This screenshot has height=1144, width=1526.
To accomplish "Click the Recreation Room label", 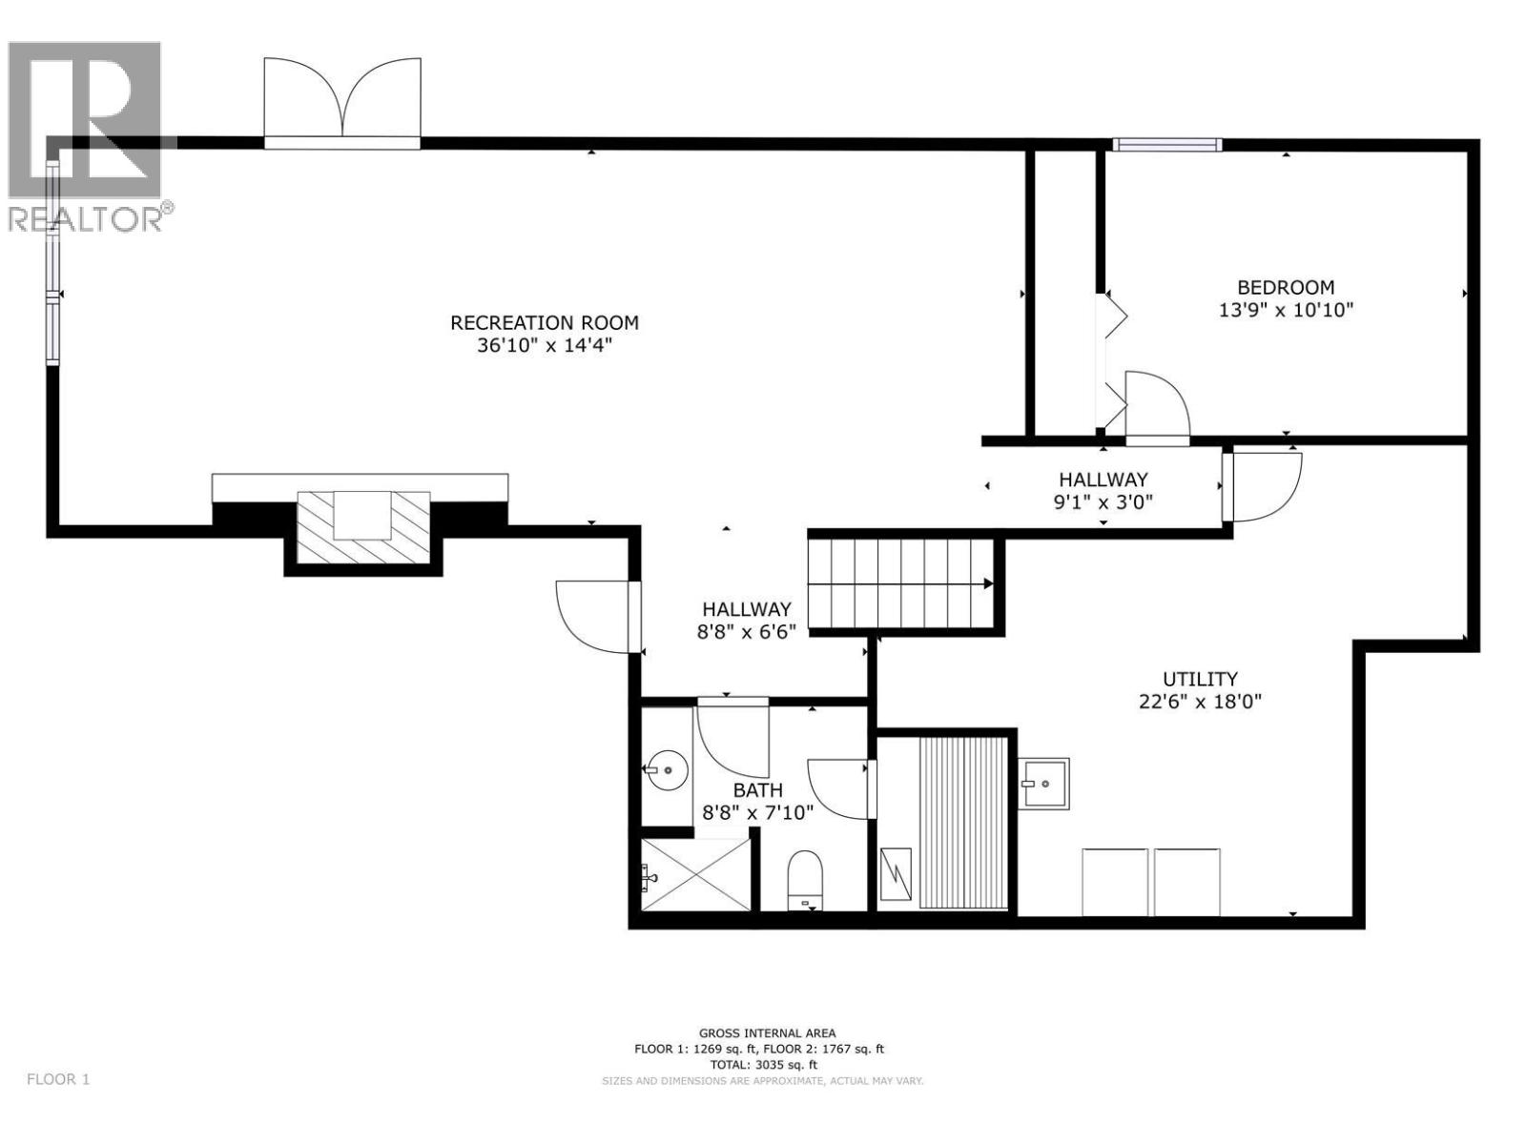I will pyautogui.click(x=544, y=322).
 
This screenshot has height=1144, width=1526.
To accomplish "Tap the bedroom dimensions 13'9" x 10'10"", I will pyautogui.click(x=1286, y=310).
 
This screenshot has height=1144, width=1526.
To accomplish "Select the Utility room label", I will pyautogui.click(x=1199, y=679).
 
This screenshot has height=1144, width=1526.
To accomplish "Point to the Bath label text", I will pyautogui.click(x=757, y=789).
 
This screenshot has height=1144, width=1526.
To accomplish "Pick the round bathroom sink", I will pyautogui.click(x=666, y=766).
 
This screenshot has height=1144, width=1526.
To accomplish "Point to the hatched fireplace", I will pyautogui.click(x=363, y=526).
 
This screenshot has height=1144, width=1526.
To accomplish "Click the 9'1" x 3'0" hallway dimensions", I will pyautogui.click(x=1103, y=502).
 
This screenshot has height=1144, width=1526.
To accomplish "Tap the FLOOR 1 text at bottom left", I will pyautogui.click(x=58, y=1079).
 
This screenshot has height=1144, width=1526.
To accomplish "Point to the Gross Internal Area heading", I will pyautogui.click(x=767, y=1032).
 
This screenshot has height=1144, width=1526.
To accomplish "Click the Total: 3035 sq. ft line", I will pyautogui.click(x=760, y=1064).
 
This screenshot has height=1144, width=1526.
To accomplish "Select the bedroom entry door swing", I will pyautogui.click(x=1157, y=405).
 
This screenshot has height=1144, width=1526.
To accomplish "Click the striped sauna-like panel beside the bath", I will pyautogui.click(x=963, y=822).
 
